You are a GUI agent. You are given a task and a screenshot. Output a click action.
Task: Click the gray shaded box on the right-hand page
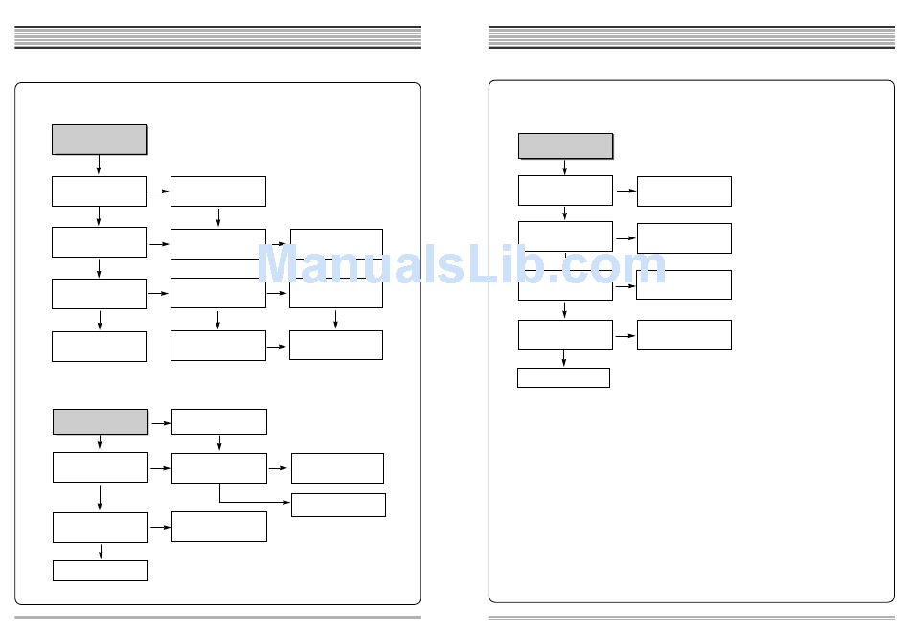tap(565, 146)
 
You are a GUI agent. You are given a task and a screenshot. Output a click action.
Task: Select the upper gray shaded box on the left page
tap(99, 139)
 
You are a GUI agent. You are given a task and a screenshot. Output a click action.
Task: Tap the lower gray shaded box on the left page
tap(100, 421)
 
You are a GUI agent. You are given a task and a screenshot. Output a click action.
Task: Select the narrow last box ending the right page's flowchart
tap(563, 377)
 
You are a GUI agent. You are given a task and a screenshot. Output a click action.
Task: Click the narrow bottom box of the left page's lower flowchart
tap(100, 571)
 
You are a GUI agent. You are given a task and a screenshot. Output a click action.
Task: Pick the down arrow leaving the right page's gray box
tap(564, 168)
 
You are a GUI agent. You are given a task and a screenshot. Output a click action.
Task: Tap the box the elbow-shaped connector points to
tap(338, 505)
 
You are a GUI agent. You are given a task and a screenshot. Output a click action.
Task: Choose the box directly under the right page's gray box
tap(565, 191)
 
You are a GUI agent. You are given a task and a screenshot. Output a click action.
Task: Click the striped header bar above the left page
tap(217, 37)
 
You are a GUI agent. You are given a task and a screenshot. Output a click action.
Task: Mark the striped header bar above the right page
tap(691, 37)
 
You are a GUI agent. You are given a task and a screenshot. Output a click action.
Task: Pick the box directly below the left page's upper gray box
tap(99, 191)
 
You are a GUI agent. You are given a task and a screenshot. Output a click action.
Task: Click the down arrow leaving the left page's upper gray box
tap(99, 166)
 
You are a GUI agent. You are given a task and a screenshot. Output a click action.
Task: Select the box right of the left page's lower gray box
tap(218, 421)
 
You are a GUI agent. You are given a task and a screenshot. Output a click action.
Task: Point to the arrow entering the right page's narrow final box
tap(563, 359)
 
